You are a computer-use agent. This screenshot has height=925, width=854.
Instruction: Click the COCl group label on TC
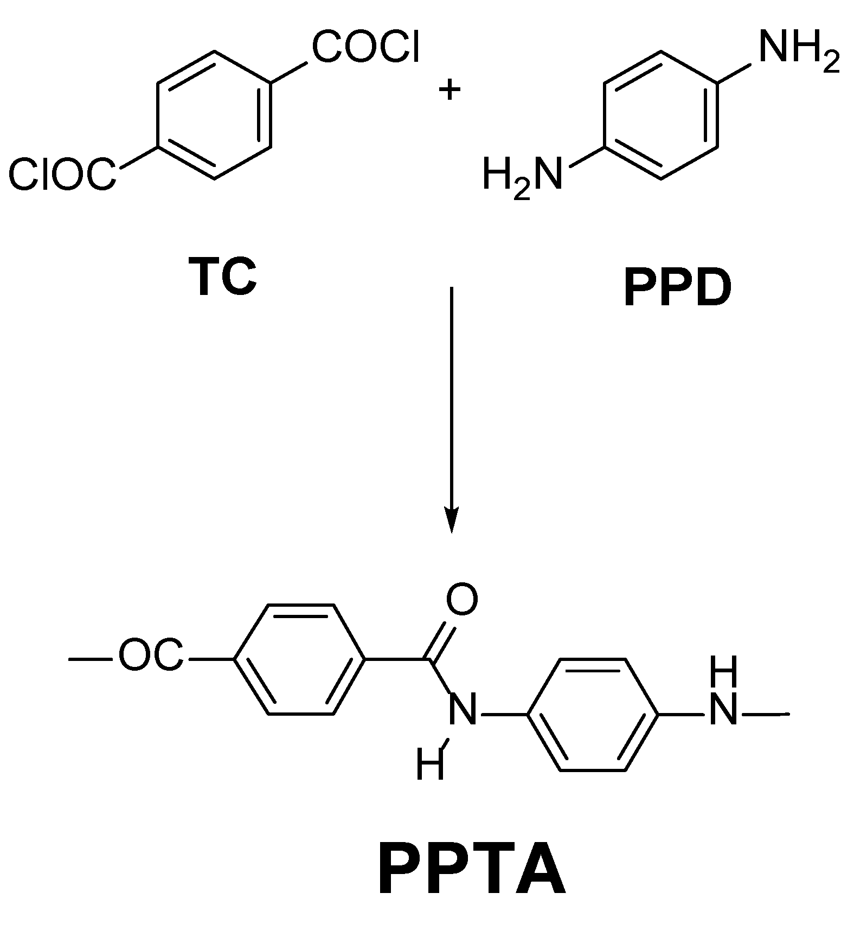(x=365, y=48)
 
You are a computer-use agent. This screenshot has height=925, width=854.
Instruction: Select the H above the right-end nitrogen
(x=723, y=672)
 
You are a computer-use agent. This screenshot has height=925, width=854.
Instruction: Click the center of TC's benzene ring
(x=214, y=114)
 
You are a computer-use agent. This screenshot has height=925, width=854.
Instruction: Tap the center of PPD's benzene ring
(x=661, y=114)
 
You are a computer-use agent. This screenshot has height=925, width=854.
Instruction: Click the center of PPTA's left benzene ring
(x=300, y=660)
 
